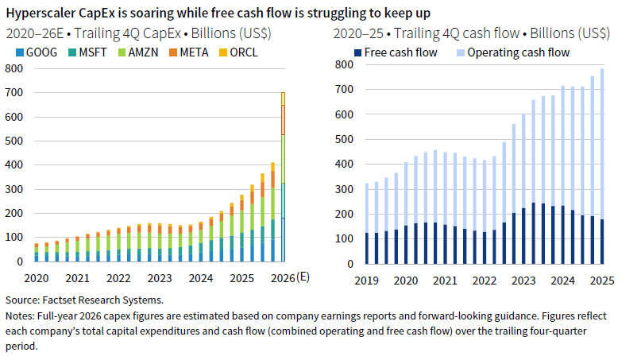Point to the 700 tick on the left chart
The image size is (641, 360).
click(x=14, y=93)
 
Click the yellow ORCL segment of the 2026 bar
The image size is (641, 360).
click(x=282, y=99)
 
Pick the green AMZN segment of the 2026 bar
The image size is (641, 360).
click(x=282, y=159)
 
